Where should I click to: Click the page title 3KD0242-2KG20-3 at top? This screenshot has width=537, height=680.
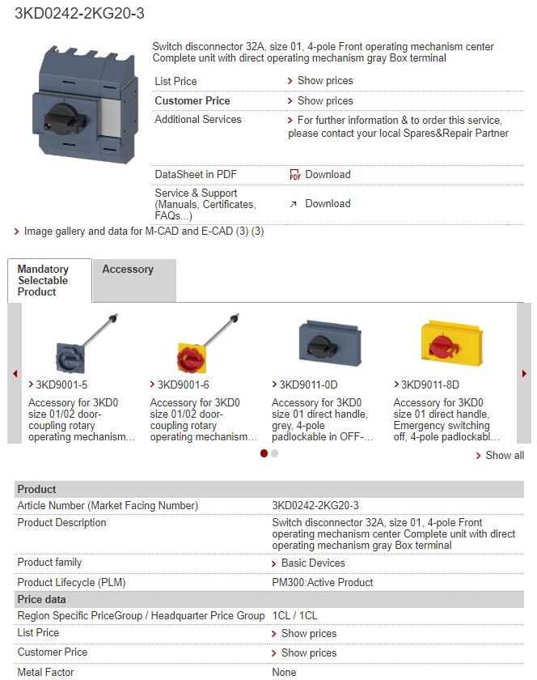pyautogui.click(x=79, y=14)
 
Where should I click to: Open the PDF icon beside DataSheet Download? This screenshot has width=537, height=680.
pyautogui.click(x=294, y=174)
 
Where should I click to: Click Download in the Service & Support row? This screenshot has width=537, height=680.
pyautogui.click(x=328, y=203)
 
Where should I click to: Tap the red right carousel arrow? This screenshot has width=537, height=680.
pyautogui.click(x=524, y=373)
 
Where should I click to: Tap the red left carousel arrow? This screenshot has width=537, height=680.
pyautogui.click(x=15, y=373)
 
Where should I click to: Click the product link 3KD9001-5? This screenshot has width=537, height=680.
pyautogui.click(x=61, y=385)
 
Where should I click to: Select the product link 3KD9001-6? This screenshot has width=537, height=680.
pyautogui.click(x=184, y=385)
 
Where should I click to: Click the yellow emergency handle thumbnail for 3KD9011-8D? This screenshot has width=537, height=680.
pyautogui.click(x=451, y=343)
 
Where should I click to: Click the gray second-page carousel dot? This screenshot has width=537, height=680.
pyautogui.click(x=274, y=453)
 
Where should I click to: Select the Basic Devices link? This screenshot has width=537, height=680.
pyautogui.click(x=313, y=563)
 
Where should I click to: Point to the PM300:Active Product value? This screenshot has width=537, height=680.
pyautogui.click(x=323, y=582)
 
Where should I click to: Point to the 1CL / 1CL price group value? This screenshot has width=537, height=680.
pyautogui.click(x=294, y=615)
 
